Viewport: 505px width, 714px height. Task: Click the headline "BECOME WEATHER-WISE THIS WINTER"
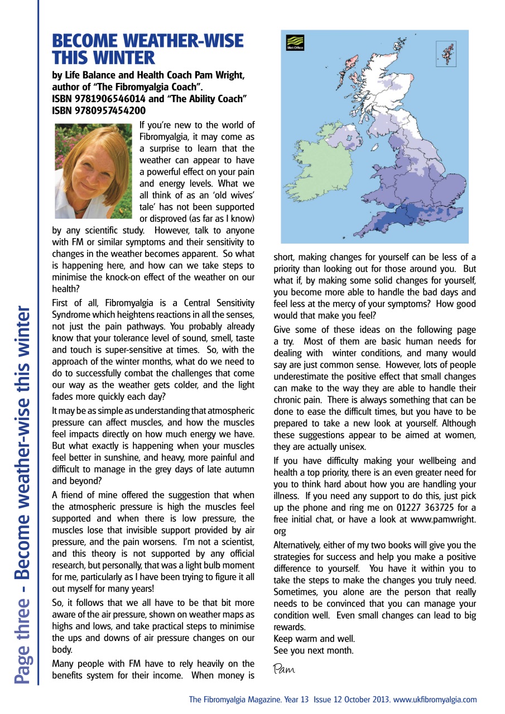(147, 49)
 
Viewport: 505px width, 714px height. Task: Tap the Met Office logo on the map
(295, 43)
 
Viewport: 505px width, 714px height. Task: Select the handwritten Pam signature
(284, 668)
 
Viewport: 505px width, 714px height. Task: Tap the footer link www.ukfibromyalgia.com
(435, 699)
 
